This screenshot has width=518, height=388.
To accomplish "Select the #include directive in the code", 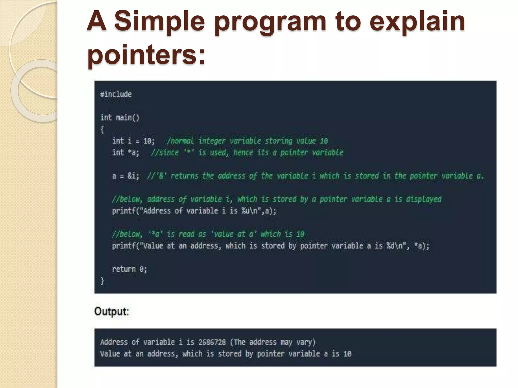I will [x=116, y=94].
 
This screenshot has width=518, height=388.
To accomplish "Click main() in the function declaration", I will [x=127, y=118].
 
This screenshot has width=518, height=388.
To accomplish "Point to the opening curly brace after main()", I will [x=102, y=130].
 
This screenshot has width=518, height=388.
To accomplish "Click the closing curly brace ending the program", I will [x=102, y=281].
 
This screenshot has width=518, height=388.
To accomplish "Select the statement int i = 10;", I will [x=133, y=141].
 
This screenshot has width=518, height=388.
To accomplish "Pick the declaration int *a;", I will [x=126, y=153].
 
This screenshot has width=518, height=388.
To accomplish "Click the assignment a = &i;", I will [x=126, y=176].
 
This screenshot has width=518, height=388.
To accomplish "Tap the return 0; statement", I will [x=129, y=269].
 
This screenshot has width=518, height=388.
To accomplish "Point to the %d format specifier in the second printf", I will [x=390, y=246].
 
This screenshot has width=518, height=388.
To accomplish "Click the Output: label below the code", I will [x=112, y=311].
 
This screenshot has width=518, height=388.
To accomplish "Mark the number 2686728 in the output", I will [x=212, y=342].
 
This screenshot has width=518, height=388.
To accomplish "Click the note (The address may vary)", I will [x=273, y=342].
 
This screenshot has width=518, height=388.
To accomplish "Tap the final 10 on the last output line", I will [x=347, y=354].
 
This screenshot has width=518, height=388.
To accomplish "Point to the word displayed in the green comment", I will [x=424, y=199].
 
